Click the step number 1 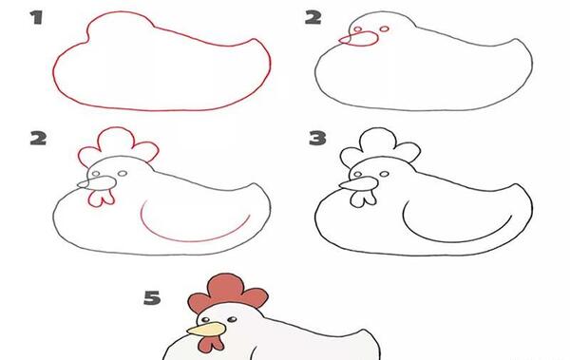(37, 17)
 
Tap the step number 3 (317, 138)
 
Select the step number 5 (152, 298)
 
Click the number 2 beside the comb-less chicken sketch (313, 17)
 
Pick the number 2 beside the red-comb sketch (38, 138)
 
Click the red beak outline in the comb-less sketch (359, 39)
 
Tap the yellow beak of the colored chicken (206, 329)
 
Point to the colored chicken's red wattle (210, 343)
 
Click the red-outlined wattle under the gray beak (101, 199)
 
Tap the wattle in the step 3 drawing (363, 199)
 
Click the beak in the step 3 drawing (359, 183)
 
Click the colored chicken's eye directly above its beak (205, 320)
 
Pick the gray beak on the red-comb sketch (98, 183)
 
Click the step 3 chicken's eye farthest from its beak (384, 175)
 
